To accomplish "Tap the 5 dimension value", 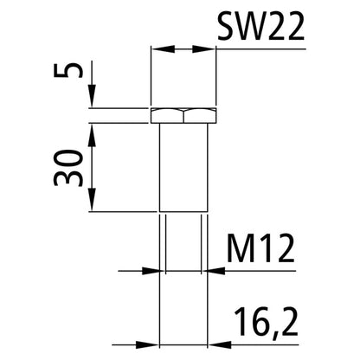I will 75,68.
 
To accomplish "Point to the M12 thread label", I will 259,252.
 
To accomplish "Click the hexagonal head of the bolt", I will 183,115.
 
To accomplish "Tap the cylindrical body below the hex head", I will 183,164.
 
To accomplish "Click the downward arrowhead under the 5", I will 93,101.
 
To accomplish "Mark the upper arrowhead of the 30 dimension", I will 93,128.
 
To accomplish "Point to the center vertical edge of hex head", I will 183,115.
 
